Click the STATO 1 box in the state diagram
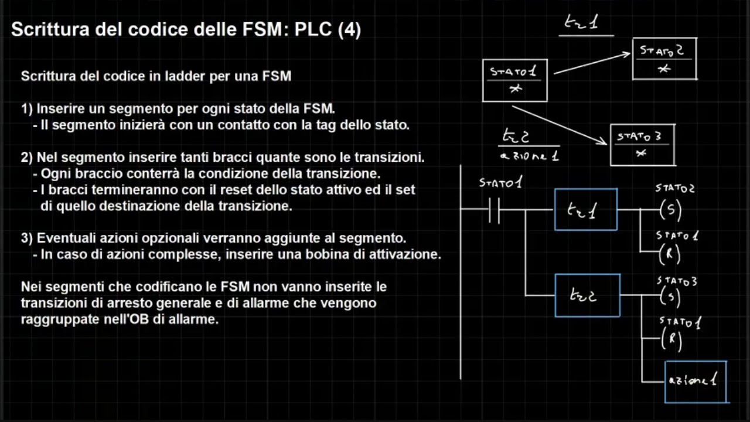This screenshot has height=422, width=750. [x=514, y=80]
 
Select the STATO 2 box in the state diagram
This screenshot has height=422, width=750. [x=664, y=59]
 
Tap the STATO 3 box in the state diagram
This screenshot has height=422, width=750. [x=642, y=145]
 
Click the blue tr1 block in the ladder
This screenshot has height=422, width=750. [x=585, y=209]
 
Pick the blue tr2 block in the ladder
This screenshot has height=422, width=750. [x=587, y=295]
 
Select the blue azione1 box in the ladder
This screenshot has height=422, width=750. [x=696, y=382]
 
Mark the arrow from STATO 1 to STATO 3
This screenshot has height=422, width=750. [x=560, y=124]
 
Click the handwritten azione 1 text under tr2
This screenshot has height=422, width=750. [x=530, y=156]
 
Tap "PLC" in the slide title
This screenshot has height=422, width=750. [x=315, y=29]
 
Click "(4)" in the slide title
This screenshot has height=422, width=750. [x=349, y=29]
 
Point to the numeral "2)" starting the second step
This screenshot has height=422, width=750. [x=28, y=158]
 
